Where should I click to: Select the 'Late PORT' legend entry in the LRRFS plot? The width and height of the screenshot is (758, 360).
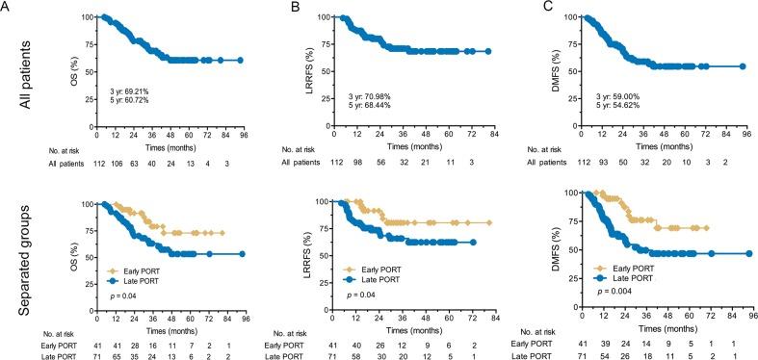379,277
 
